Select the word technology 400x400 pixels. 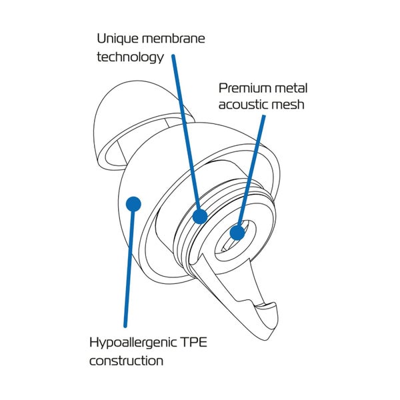[x=130, y=57]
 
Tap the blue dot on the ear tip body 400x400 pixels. [x=133, y=201]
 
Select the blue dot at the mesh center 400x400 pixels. [x=237, y=232]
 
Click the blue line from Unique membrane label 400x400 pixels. [x=186, y=133]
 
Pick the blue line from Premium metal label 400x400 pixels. [x=251, y=173]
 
